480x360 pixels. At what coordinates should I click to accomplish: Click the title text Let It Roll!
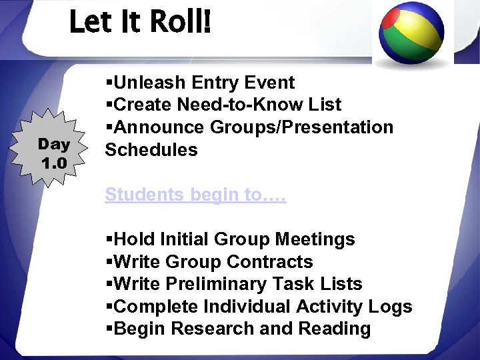pos(140,22)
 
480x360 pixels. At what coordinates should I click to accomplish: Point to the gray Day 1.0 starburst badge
pos(53,153)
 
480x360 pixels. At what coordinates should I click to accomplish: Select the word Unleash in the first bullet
pos(151,83)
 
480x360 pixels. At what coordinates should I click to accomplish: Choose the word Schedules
pos(151,150)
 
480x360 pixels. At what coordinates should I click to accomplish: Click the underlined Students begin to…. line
pos(195,195)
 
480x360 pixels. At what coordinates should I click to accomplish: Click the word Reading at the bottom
pos(335,329)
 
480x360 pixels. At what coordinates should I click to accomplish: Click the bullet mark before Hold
pos(109,239)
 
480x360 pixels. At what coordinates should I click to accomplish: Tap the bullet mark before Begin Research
pos(109,329)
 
